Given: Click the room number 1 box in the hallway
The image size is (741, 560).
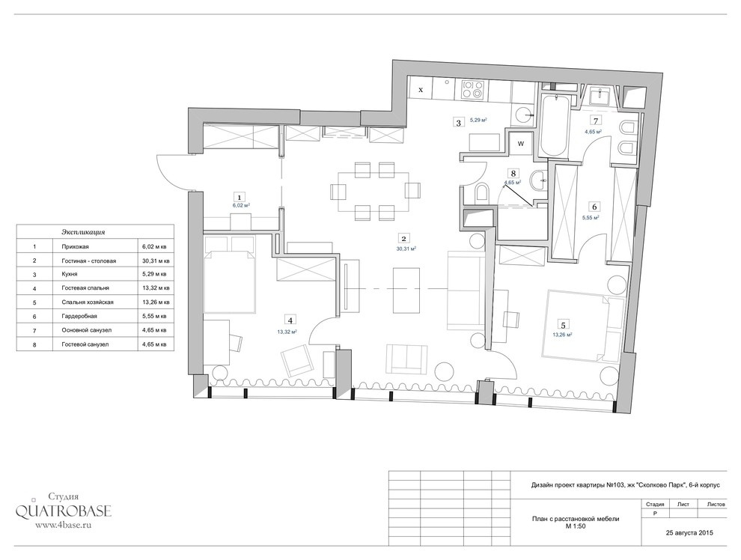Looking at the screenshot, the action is (x=240, y=197).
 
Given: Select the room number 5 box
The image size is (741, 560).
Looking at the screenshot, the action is (x=563, y=325).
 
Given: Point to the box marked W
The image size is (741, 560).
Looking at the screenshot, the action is (x=521, y=144).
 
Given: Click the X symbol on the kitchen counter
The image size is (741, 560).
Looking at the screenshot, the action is (x=421, y=89).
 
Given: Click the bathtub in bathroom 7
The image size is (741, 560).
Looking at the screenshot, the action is (x=554, y=126).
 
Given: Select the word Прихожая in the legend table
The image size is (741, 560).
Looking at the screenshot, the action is (x=75, y=246).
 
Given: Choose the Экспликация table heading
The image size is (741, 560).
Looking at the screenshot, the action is (x=83, y=233).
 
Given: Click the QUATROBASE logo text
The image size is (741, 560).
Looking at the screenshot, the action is (x=64, y=511).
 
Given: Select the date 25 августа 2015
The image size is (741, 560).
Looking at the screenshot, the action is (x=689, y=532).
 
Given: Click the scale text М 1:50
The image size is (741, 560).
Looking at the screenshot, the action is (x=575, y=526).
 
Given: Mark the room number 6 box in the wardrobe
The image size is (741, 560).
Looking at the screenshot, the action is (x=594, y=207).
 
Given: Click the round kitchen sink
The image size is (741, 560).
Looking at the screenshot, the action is (x=524, y=115).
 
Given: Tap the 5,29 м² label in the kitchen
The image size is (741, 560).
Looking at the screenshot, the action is (x=478, y=121).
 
